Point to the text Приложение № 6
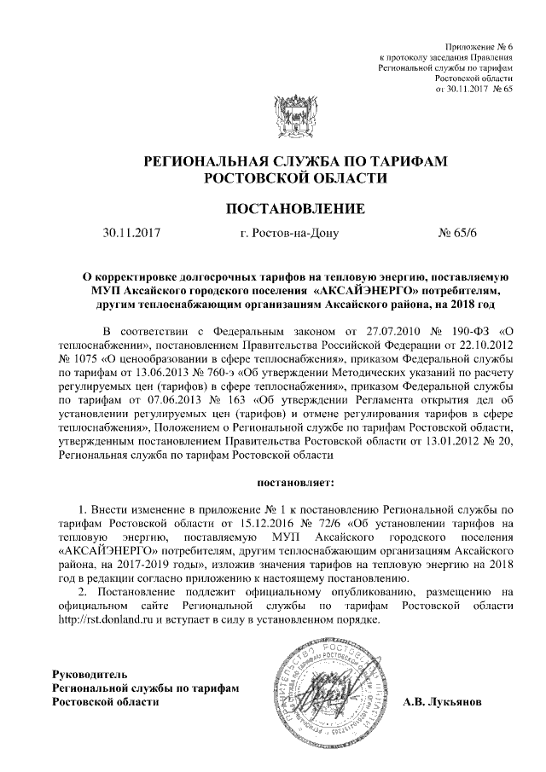coord(480,44)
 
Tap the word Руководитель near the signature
coord(90,673)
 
